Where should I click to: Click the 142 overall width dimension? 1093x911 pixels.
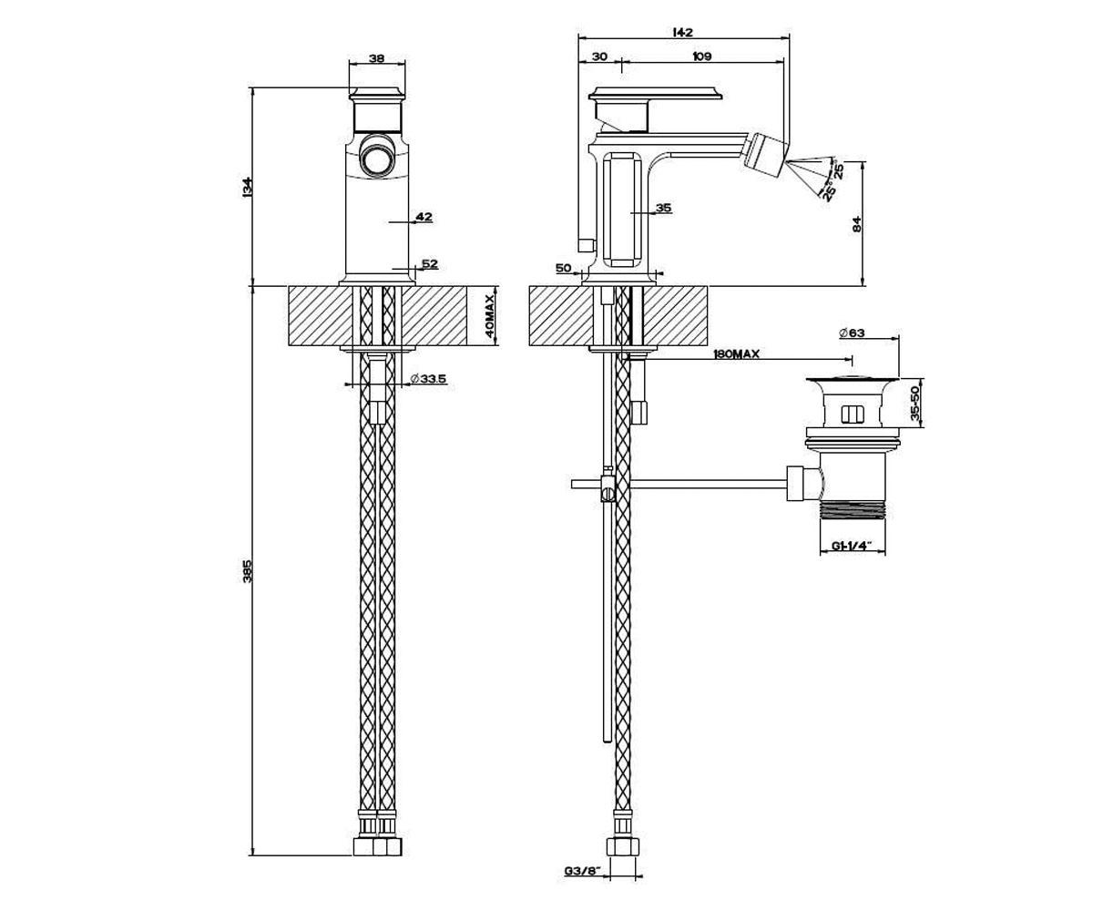point(682,33)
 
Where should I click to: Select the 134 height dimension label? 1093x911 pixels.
point(247,187)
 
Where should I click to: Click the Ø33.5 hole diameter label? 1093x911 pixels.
point(429,378)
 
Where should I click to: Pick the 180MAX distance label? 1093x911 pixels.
point(736,354)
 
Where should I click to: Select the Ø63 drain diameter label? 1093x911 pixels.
point(851,333)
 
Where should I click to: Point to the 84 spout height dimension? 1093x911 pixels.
point(857,224)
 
